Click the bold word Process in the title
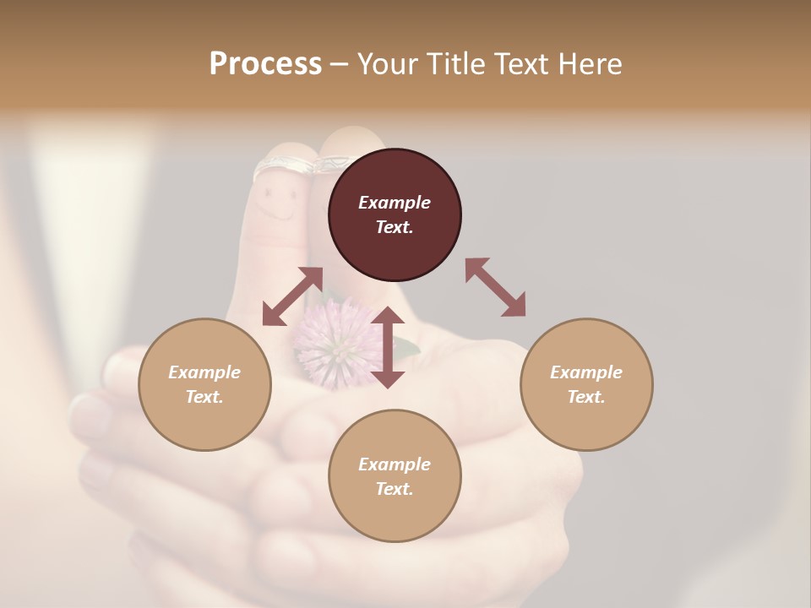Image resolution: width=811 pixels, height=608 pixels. click(x=265, y=64)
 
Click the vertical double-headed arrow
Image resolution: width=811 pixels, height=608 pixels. click(x=388, y=347)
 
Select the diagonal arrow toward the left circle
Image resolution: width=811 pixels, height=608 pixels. click(x=292, y=296)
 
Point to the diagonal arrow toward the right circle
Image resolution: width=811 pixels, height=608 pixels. click(x=496, y=288)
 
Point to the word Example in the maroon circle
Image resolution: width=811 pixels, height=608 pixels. click(x=395, y=203)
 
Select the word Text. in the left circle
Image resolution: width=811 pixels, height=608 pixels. click(x=204, y=397)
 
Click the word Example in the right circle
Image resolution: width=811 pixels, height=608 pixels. click(x=586, y=372)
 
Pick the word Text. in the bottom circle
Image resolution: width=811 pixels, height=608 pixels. click(x=395, y=489)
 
